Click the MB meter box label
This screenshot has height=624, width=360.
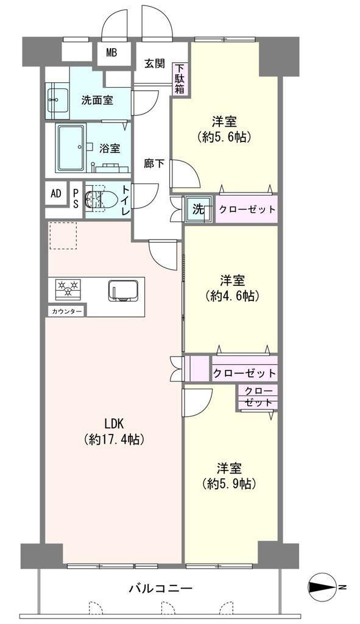tap(111, 52)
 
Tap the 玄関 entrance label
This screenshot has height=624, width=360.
tap(154, 63)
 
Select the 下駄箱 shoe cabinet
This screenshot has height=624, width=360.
tap(180, 79)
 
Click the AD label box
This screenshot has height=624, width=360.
tap(56, 193)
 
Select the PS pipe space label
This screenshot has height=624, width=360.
tap(76, 196)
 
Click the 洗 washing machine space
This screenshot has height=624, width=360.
tap(198, 209)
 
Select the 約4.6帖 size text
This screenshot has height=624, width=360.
tap(233, 296)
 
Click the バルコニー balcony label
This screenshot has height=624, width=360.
tap(161, 587)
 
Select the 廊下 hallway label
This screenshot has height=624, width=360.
tap(154, 163)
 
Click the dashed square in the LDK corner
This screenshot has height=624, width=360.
tap(63, 236)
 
